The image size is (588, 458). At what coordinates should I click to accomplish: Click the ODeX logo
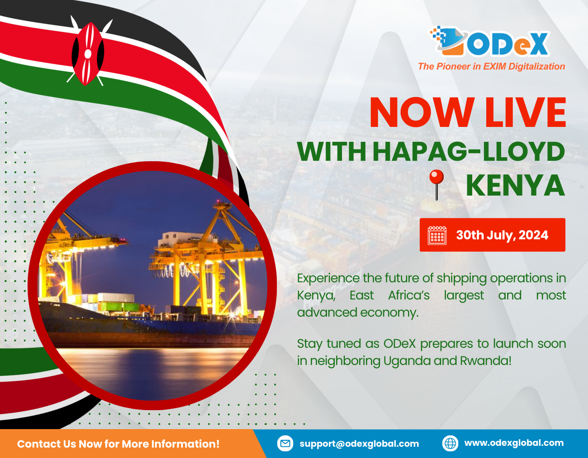coord(489,42)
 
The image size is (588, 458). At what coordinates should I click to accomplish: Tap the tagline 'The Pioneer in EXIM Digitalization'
coord(491,66)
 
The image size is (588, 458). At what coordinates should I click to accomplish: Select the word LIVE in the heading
coord(526,112)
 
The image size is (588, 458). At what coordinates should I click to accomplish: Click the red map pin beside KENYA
coord(436,185)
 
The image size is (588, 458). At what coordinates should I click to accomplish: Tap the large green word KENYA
coord(515,186)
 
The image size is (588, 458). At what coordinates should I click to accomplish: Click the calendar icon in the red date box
coord(437,235)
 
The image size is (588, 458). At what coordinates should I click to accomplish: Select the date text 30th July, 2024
coord(502,235)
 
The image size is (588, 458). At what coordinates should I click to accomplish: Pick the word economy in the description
coord(389,313)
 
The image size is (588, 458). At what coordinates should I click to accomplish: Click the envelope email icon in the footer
coord(285,444)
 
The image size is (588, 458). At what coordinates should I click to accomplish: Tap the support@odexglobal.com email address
coord(359,444)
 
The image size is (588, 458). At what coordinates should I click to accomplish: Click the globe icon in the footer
coord(450,444)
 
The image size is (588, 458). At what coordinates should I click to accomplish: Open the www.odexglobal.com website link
coord(514,443)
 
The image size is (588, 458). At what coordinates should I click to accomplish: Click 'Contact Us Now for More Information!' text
coord(118,444)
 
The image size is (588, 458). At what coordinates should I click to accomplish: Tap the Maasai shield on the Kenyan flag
coord(88,54)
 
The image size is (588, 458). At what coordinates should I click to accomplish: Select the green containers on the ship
coord(119,306)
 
